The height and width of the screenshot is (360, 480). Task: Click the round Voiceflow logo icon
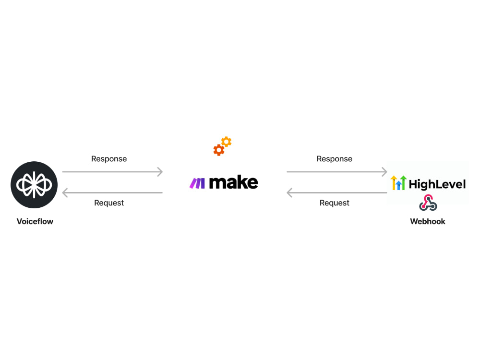34,185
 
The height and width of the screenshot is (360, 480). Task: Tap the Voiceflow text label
35,221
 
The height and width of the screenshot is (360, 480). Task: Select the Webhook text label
427,221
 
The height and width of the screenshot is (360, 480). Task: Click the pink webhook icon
428,203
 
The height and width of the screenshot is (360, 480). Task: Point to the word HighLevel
437,184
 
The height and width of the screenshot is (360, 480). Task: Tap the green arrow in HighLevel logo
403,182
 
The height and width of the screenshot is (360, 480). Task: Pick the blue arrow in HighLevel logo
398,185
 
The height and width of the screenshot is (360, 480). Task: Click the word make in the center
234,182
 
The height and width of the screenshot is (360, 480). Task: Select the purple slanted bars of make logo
197,183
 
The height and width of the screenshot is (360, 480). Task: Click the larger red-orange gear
219,150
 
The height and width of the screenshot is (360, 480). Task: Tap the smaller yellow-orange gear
227,142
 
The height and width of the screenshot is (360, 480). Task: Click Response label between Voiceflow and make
109,159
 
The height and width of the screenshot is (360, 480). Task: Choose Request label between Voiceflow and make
109,203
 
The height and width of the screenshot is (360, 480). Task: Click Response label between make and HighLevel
335,159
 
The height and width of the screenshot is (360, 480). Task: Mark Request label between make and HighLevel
335,203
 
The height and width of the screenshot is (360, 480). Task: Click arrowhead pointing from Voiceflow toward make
160,171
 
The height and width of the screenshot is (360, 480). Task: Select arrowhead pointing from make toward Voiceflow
65,193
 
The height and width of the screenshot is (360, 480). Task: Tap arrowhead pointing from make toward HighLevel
384,171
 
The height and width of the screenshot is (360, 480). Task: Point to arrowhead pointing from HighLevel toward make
290,193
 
